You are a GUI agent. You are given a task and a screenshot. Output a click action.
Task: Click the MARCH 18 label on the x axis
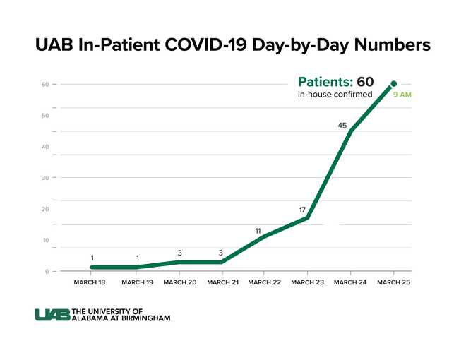click(90, 282)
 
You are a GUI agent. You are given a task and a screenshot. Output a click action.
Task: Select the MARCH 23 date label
click(307, 282)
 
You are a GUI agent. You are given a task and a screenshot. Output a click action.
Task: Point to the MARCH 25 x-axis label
click(393, 282)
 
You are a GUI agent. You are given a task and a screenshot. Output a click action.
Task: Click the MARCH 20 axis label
click(180, 282)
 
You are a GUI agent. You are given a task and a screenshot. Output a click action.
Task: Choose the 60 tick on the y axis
click(45, 85)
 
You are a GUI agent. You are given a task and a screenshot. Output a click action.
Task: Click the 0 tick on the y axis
click(47, 272)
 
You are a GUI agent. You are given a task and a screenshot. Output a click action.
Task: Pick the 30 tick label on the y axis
click(45, 178)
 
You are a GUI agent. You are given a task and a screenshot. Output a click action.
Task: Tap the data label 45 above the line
click(342, 126)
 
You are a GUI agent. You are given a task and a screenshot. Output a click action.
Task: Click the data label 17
click(302, 210)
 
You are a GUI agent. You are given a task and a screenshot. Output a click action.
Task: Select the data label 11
click(258, 231)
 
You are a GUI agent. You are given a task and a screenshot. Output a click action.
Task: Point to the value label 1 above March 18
click(92, 258)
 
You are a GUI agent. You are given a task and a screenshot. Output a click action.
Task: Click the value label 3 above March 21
click(220, 252)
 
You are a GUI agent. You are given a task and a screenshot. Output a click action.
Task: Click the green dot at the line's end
click(393, 84)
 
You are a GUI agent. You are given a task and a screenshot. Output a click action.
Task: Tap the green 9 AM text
click(402, 95)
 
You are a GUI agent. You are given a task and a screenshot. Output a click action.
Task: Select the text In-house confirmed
click(335, 95)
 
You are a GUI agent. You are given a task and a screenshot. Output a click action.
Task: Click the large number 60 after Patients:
click(364, 81)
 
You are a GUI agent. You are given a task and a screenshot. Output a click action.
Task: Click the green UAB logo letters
click(52, 315)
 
